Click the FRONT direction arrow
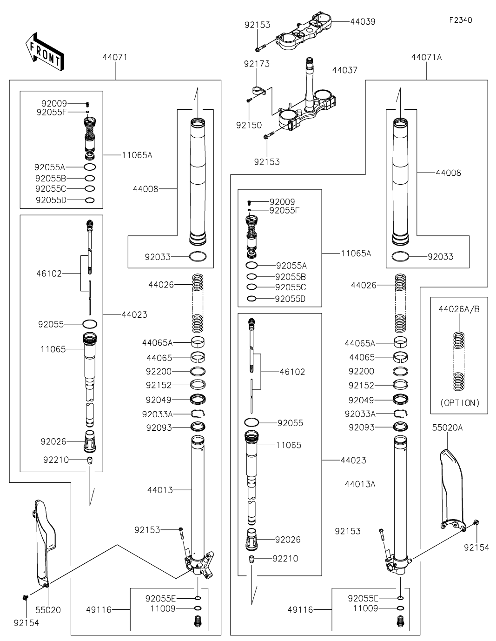(x=44, y=52)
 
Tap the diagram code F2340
(x=460, y=20)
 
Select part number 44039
(x=363, y=21)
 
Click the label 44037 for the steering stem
(x=345, y=70)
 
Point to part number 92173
(x=257, y=64)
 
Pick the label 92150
(x=249, y=125)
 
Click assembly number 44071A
(x=426, y=57)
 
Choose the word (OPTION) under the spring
(x=459, y=403)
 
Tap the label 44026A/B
(x=459, y=309)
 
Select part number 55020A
(x=447, y=427)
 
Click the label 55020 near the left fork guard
(x=48, y=610)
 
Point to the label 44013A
(x=360, y=484)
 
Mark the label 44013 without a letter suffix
(x=160, y=490)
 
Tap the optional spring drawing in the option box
(x=459, y=361)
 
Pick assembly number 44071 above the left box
(x=115, y=57)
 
